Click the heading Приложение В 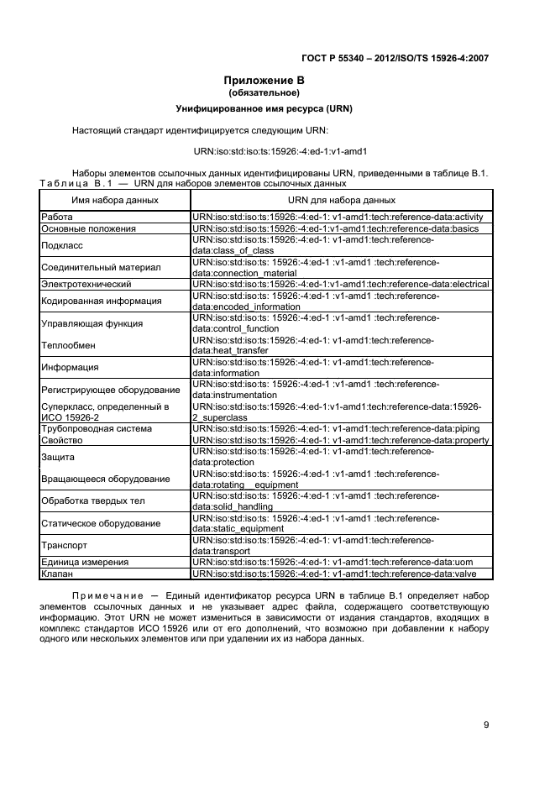pos(264,81)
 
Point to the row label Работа pos(57,217)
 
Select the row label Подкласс pos(62,245)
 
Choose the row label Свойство pos(61,440)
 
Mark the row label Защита pos(58,457)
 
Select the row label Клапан pos(57,573)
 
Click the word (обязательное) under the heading pos(264,92)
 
